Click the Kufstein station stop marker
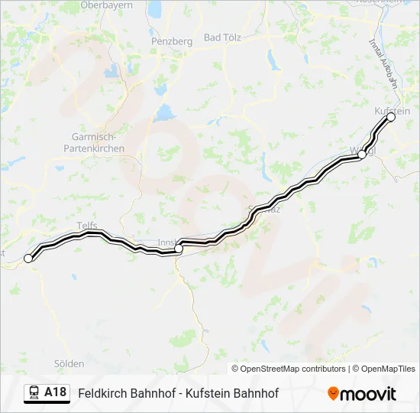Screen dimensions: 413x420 tap(391, 117)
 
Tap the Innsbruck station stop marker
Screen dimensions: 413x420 tap(178, 249)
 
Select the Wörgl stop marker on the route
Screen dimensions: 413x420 tap(362, 155)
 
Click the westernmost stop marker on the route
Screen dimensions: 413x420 tap(29, 259)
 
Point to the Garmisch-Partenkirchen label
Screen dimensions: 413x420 tap(92, 143)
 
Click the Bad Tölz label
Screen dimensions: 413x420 tap(223, 37)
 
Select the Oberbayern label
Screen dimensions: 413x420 tap(107, 5)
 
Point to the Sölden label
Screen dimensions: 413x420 tap(69, 363)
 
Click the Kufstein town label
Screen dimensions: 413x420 tap(393, 111)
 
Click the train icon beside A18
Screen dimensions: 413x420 tap(34, 393)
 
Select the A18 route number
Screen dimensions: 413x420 tap(55, 393)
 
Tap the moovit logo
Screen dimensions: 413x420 tap(362, 394)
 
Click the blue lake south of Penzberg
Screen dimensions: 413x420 tap(163, 113)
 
